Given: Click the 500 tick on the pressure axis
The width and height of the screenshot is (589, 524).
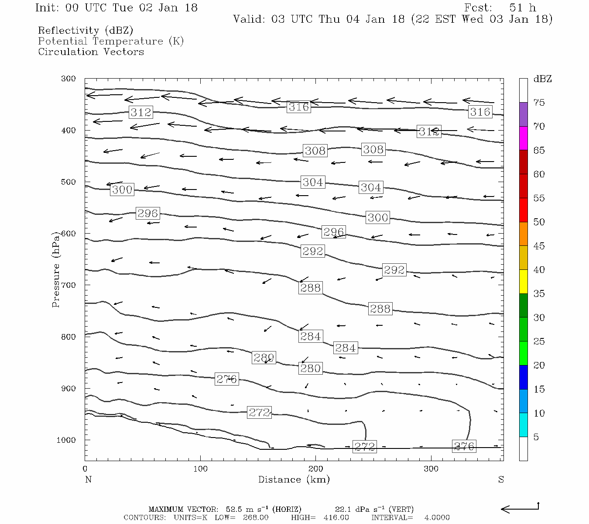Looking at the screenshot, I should [68, 182].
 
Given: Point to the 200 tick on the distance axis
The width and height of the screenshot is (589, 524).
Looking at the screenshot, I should [316, 469].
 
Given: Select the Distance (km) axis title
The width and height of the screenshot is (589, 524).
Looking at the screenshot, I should [294, 479].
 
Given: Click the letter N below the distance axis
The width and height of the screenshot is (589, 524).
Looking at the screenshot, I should [88, 479].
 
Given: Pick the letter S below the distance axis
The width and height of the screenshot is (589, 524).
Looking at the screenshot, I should [501, 479].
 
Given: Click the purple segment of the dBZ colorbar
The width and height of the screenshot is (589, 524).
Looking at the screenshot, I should [523, 114].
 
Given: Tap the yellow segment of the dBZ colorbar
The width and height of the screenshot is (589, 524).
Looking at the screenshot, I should [523, 282].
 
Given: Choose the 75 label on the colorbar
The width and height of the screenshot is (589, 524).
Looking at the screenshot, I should [539, 103].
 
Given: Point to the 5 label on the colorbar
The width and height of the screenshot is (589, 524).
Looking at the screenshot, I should [536, 437].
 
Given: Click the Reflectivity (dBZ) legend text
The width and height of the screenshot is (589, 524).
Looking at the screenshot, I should [86, 31].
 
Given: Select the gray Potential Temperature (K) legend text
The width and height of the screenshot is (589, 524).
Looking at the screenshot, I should [111, 41].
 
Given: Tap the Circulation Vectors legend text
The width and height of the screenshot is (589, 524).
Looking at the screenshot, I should [91, 52].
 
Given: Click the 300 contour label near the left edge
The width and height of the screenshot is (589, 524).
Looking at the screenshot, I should [122, 190].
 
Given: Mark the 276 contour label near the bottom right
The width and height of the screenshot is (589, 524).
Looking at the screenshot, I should [464, 446].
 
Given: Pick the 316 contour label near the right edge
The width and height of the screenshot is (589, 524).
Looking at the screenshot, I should [480, 112].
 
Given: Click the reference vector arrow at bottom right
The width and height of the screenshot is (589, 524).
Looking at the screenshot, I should [520, 508].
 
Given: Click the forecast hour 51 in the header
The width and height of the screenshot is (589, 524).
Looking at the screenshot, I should [516, 8].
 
